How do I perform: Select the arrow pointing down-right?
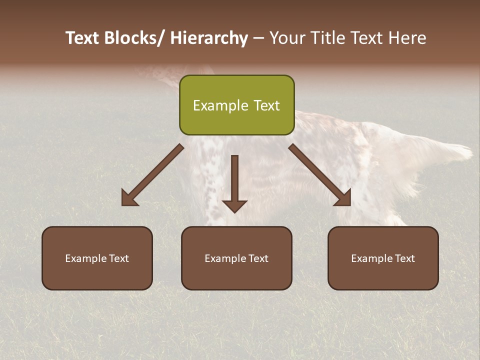320,175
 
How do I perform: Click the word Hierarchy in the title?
209,38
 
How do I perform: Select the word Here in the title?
407,38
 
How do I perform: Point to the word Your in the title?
287,38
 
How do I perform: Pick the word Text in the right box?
404,258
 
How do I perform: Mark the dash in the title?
258,38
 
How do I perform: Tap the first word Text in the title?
83,38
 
